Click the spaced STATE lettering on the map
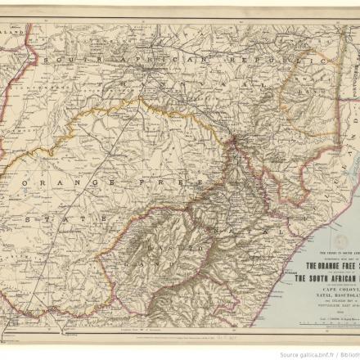pos(45,221)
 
